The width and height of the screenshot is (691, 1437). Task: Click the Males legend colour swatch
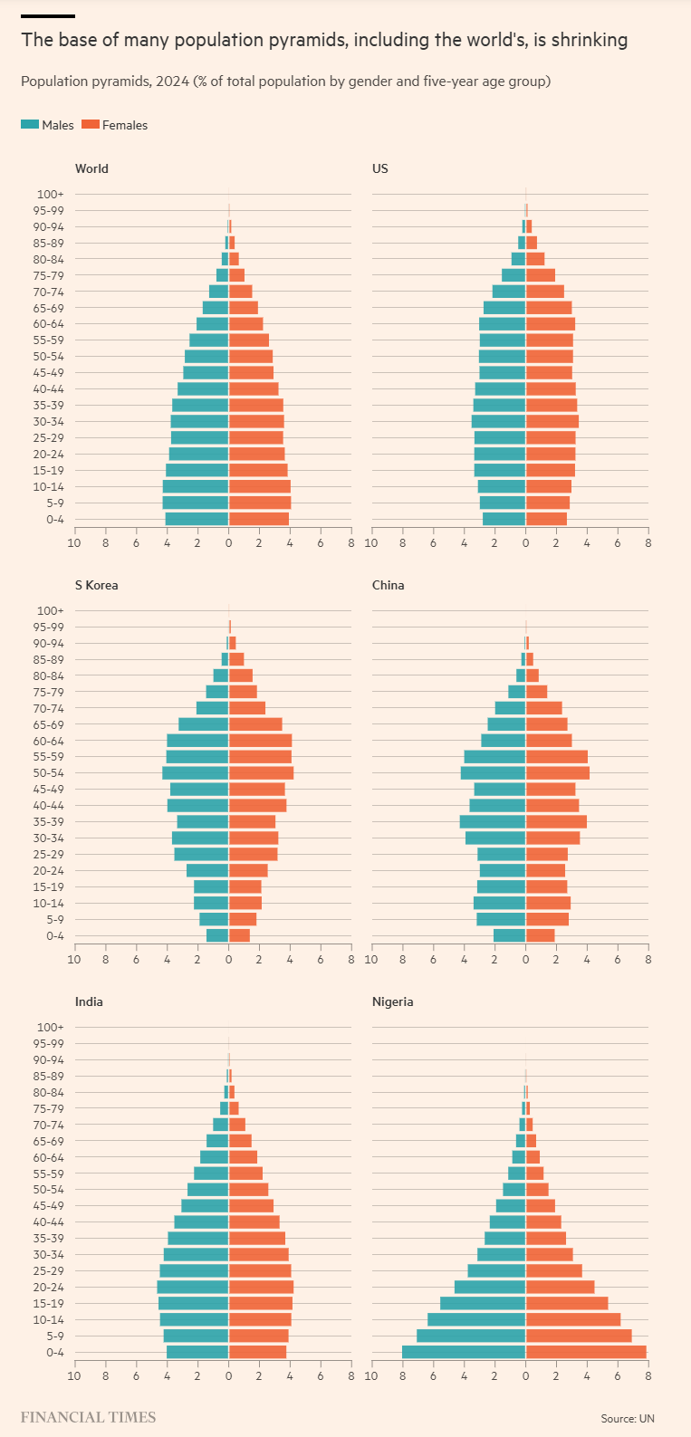pyautogui.click(x=30, y=125)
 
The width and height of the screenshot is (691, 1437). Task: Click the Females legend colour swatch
pyautogui.click(x=90, y=125)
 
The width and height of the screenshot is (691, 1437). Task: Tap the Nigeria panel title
pyautogui.click(x=392, y=1001)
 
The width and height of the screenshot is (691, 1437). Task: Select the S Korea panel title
pyautogui.click(x=96, y=585)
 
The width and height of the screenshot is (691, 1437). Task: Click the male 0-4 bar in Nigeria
pyautogui.click(x=464, y=1352)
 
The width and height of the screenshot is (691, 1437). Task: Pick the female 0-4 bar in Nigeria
pyautogui.click(x=586, y=1352)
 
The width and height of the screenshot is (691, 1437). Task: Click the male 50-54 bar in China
pyautogui.click(x=493, y=773)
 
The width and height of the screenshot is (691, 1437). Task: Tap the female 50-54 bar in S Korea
pyautogui.click(x=261, y=773)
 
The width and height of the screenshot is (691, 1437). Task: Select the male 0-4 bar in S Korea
pyautogui.click(x=217, y=935)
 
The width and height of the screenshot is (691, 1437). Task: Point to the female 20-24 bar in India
pyautogui.click(x=261, y=1287)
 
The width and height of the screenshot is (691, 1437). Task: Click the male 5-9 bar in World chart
pyautogui.click(x=196, y=503)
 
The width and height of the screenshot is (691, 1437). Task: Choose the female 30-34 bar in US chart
pyautogui.click(x=552, y=421)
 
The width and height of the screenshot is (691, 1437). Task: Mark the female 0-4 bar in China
pyautogui.click(x=540, y=935)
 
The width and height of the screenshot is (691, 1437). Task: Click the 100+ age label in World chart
pyautogui.click(x=51, y=194)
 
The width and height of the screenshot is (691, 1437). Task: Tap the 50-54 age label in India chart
pyautogui.click(x=49, y=1190)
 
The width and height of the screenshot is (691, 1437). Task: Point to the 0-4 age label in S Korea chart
pyautogui.click(x=55, y=936)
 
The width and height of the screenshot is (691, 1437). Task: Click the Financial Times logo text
pyautogui.click(x=88, y=1417)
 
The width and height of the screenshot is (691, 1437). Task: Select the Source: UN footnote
pyautogui.click(x=628, y=1418)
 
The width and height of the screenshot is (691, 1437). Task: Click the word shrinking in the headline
pyautogui.click(x=590, y=40)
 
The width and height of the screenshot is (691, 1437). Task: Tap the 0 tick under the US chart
pyautogui.click(x=525, y=542)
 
